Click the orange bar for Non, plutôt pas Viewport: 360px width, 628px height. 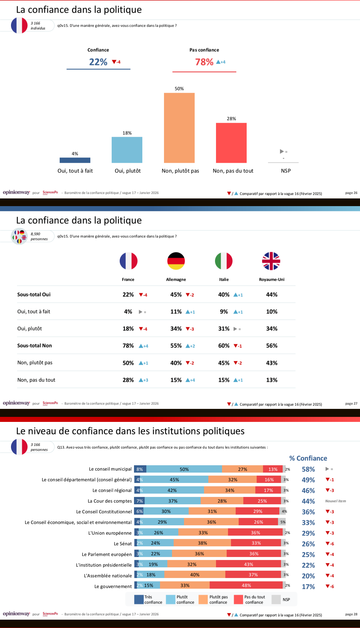coord(179,128)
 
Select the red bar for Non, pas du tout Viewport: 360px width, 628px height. coord(231,143)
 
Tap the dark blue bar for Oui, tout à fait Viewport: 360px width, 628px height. coord(75,160)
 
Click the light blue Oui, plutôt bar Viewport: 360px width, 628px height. coord(127,150)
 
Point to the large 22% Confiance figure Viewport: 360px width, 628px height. coord(98,62)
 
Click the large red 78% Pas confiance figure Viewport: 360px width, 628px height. coord(204,62)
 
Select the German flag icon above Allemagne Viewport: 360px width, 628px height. coord(176,261)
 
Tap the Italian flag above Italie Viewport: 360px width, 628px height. coord(224,261)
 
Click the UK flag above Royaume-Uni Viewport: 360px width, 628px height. coord(271,261)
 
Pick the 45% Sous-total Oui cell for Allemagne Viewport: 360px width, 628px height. coord(176,294)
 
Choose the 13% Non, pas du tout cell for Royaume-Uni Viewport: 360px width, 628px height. coord(272,380)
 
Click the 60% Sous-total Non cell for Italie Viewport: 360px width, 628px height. coord(224,346)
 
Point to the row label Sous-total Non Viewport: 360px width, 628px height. coord(35,346)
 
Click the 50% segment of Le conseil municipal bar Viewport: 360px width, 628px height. coord(184,469)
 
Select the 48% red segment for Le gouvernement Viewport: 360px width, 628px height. coord(246,585)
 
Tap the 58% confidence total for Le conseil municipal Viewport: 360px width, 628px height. coord(308,469)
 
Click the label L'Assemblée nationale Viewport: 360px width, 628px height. coord(108,576)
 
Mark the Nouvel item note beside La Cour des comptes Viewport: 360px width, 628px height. coord(335,501)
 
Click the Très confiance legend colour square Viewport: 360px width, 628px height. coord(139,599)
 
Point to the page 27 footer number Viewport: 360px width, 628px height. coord(351,404)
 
